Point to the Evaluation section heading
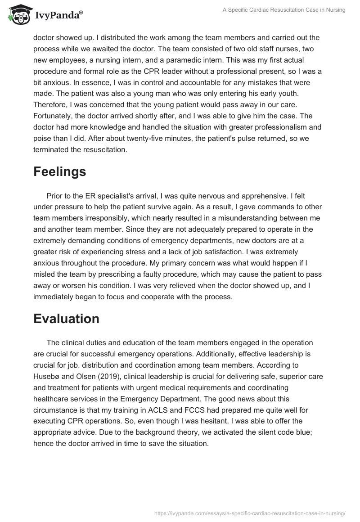[x=66, y=318]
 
